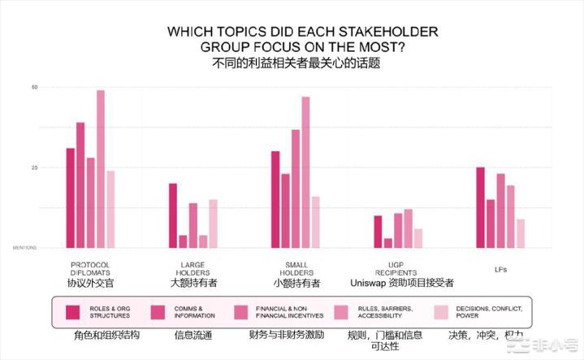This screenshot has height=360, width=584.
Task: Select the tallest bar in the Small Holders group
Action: tap(305, 171)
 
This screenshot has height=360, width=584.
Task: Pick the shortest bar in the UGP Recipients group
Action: tap(388, 242)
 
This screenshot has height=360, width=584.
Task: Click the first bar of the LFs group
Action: tap(481, 207)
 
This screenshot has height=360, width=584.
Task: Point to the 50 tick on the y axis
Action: tap(34, 87)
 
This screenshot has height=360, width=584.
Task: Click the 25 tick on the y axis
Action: tap(34, 167)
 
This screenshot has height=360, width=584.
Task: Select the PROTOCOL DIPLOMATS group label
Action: tap(90, 268)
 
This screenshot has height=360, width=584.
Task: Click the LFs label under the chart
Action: tap(501, 268)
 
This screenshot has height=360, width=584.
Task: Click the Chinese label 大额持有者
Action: tap(194, 284)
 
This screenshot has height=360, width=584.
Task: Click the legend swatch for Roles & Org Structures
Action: tap(73, 310)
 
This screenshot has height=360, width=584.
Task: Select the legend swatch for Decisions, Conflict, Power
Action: tap(441, 310)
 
